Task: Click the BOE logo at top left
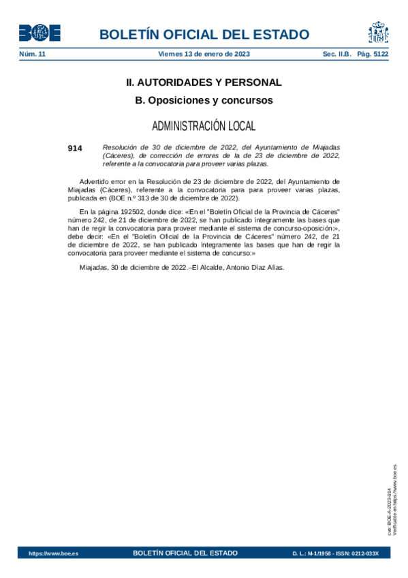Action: coord(40,33)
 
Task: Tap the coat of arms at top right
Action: coord(378,32)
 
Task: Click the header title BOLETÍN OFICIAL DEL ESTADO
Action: coord(204,35)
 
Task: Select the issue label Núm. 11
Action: coord(32,53)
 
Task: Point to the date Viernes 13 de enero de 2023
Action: coord(204,53)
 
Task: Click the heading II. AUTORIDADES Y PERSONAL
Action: coord(204,82)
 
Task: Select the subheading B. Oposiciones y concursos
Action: coord(204,100)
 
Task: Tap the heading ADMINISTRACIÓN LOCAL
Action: coord(204,126)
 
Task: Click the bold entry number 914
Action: coord(74,148)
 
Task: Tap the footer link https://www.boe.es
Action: coord(53,553)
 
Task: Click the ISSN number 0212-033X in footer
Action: coord(365,553)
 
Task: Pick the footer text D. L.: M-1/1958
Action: coord(313,553)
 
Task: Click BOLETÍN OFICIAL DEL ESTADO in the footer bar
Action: coord(185,553)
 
